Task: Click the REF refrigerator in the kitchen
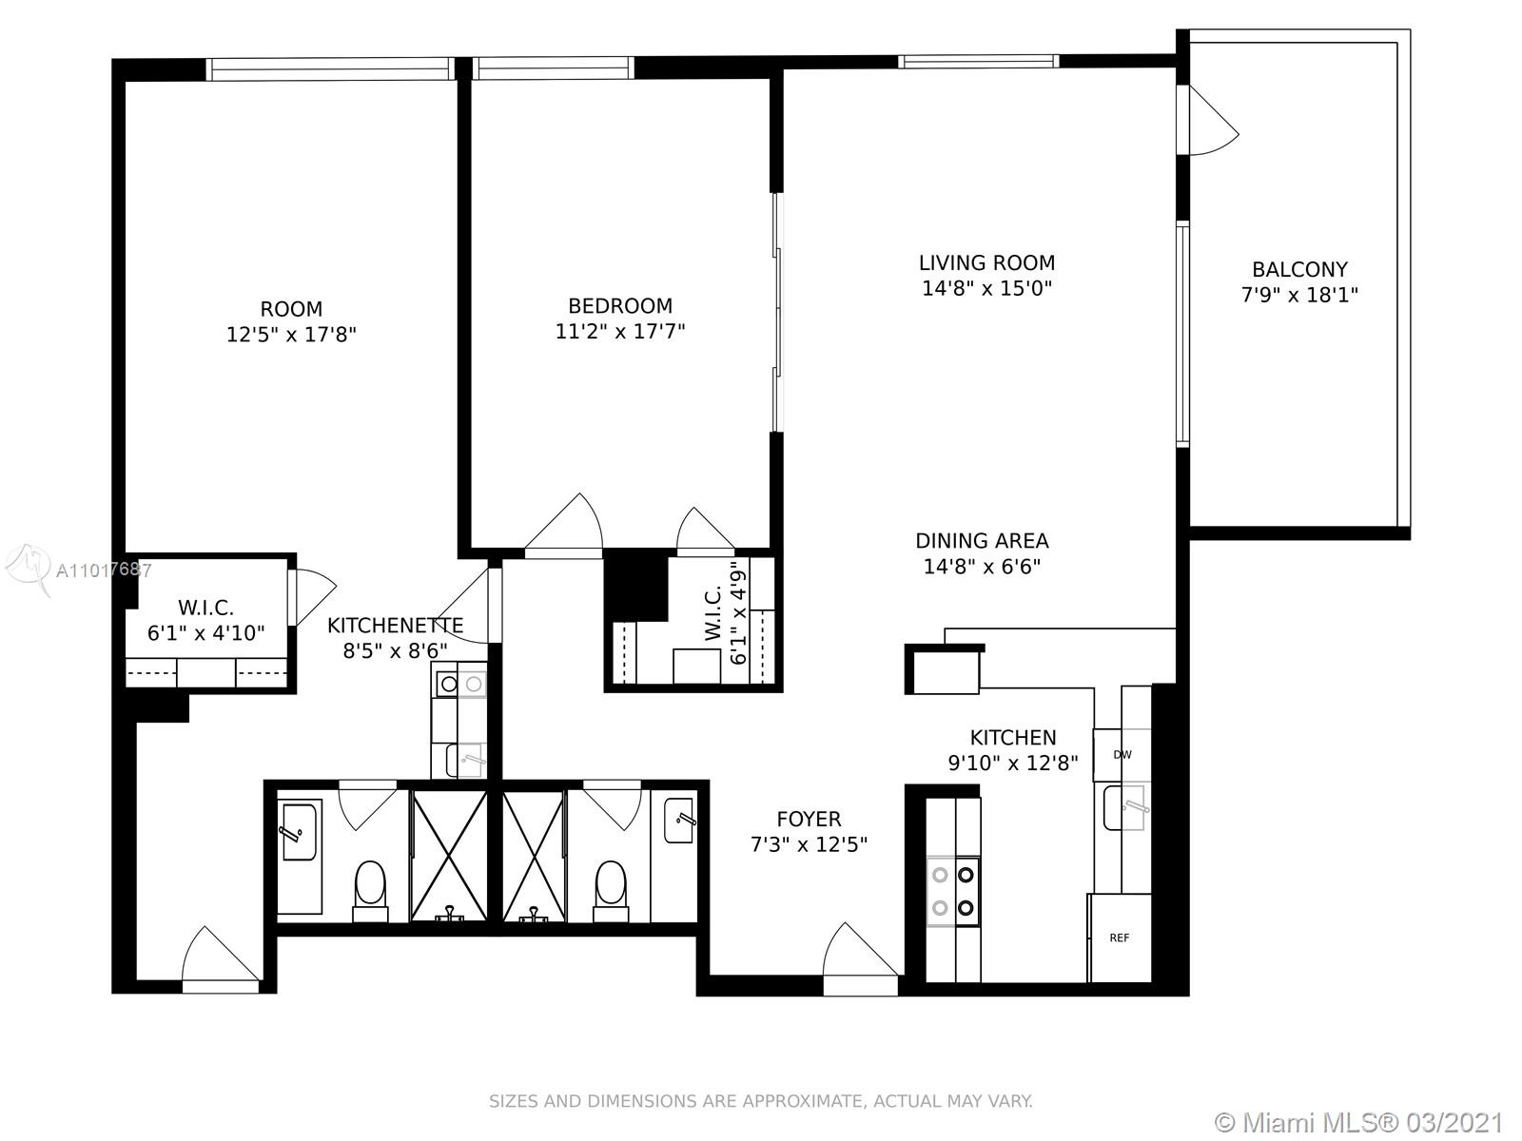(1119, 938)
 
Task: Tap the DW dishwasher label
(1122, 754)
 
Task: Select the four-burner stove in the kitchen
(953, 892)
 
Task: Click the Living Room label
(986, 262)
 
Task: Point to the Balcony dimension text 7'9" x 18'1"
(1299, 295)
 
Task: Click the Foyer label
(809, 819)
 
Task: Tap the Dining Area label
(982, 540)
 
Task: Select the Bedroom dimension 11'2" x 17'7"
(620, 331)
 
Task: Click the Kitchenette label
(395, 626)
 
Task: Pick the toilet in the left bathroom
(370, 890)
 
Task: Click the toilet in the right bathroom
(610, 890)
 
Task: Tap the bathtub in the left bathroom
(300, 857)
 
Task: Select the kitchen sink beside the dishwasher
(1124, 807)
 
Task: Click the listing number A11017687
(104, 570)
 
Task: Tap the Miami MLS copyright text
(1359, 1122)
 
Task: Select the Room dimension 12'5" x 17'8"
(291, 335)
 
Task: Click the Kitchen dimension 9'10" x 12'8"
(1013, 763)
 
